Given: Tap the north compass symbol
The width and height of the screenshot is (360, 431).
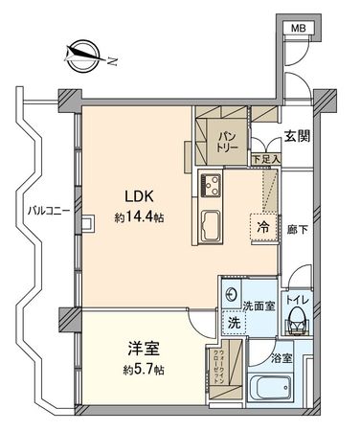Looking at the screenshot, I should [x=80, y=55].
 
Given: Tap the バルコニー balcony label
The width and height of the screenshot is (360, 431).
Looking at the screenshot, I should [x=43, y=209].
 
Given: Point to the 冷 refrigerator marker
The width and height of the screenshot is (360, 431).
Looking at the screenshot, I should [x=261, y=227].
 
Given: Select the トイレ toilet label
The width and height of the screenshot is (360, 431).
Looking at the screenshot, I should [x=297, y=299].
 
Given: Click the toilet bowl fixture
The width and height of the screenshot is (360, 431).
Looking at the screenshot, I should [x=297, y=321].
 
